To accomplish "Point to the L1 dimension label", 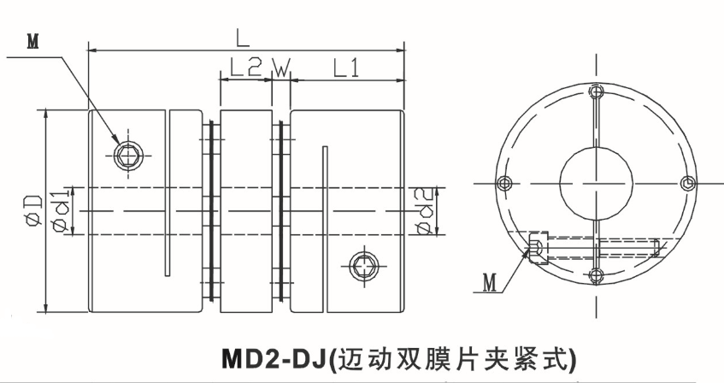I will click(345, 68).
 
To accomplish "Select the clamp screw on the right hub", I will click(365, 264).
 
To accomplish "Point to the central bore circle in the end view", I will click(596, 181).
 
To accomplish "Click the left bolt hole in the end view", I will click(503, 181).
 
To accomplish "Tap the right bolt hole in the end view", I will click(688, 181).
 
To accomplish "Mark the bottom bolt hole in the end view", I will click(596, 274).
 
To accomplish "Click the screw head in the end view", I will click(537, 249).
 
